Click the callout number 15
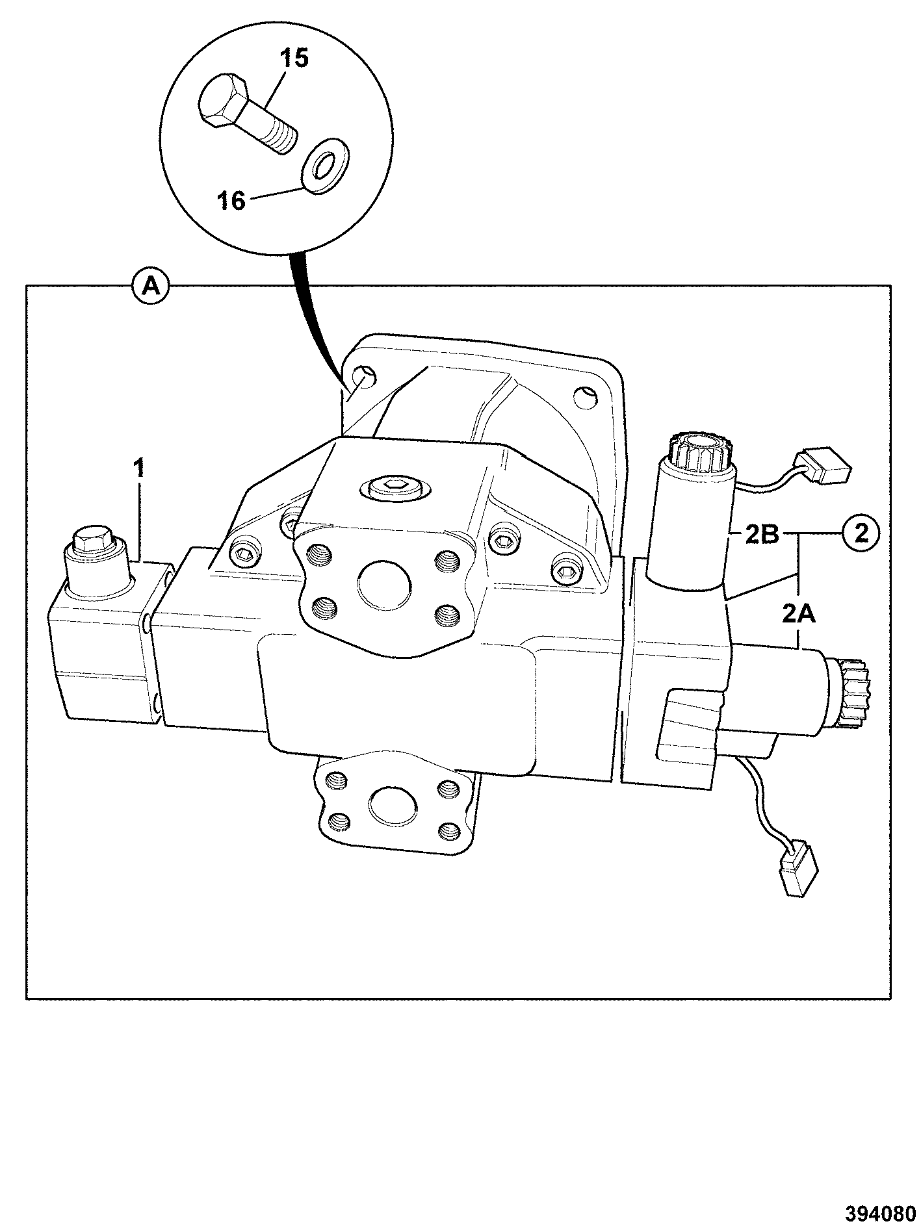294,60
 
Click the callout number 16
232,201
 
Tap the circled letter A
151,286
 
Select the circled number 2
861,533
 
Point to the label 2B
762,537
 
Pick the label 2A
798,613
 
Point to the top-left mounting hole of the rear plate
363,377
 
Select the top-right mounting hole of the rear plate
584,396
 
